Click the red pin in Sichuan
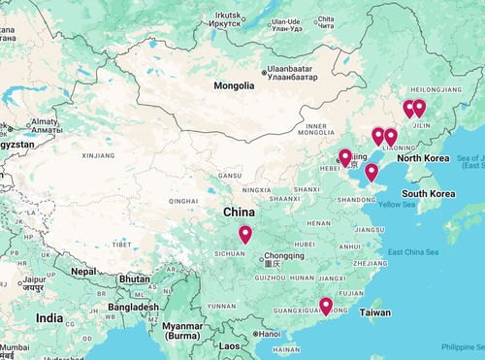(244, 234)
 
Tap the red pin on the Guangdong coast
(326, 306)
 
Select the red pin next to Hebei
(344, 157)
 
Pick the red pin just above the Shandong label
(371, 172)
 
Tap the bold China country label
(240, 212)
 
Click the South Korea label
(429, 193)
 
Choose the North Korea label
(423, 157)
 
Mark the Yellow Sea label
(396, 205)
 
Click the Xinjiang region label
(98, 154)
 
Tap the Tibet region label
(121, 244)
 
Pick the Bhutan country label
(134, 278)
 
